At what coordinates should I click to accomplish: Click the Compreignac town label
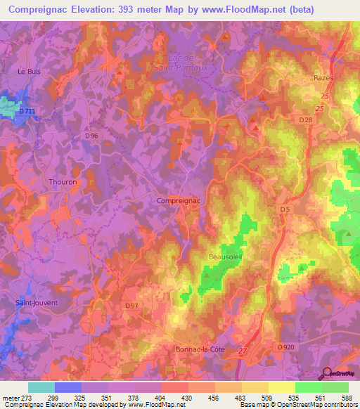[x=179, y=200]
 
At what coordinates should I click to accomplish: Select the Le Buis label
[x=29, y=71]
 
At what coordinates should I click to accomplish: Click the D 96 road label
[x=91, y=135]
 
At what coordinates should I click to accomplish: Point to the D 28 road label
[x=304, y=120]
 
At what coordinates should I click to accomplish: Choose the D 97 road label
[x=131, y=305]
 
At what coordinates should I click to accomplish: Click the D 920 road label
[x=285, y=347]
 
